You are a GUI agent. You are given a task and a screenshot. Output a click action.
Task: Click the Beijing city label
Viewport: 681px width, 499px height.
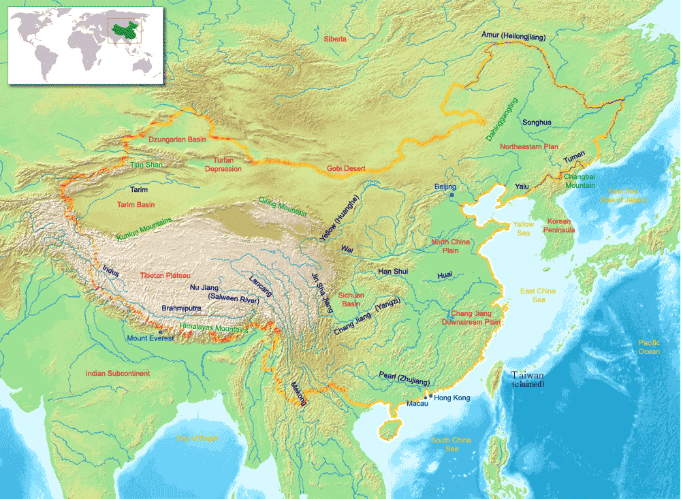click(445, 186)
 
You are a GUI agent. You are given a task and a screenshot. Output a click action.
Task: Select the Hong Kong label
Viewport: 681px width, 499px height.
click(452, 398)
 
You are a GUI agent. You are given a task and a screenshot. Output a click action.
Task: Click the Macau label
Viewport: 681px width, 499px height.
click(417, 404)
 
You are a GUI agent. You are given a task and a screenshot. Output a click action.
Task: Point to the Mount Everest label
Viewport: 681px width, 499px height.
click(150, 338)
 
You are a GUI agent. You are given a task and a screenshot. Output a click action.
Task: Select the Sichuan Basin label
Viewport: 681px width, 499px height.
click(351, 300)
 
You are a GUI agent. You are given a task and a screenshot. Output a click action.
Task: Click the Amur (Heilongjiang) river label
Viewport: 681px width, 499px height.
click(513, 35)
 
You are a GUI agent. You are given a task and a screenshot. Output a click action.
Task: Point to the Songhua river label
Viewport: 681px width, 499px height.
click(537, 123)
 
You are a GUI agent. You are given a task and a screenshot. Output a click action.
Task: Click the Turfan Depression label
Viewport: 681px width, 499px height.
click(223, 164)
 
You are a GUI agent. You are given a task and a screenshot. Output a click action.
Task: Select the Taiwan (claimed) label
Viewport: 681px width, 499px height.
click(528, 379)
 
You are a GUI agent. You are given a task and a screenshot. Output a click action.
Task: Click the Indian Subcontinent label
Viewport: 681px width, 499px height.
click(118, 374)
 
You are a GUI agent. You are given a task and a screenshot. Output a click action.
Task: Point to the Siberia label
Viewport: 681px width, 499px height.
click(335, 39)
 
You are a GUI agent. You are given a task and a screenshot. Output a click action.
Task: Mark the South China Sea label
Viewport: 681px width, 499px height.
click(451, 444)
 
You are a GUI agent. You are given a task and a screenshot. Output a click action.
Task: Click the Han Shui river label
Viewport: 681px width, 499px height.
click(393, 271)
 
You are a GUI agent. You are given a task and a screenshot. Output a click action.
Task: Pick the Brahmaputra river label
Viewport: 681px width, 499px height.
click(181, 308)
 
